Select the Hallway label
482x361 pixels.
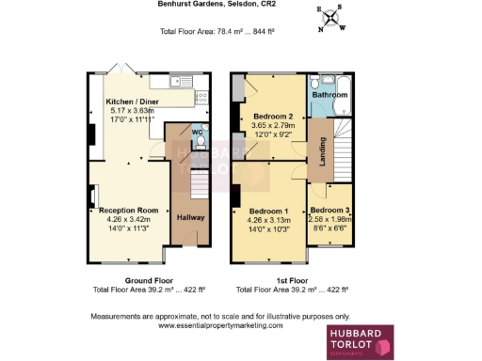coord(190,217)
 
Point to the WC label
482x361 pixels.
coord(197,133)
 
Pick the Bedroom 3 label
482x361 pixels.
coord(330,210)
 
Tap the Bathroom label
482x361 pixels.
coord(331,95)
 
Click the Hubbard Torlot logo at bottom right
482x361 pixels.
coord(359,342)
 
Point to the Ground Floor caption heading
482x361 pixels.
coord(148,280)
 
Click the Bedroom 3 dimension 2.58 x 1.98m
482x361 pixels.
coord(330,219)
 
